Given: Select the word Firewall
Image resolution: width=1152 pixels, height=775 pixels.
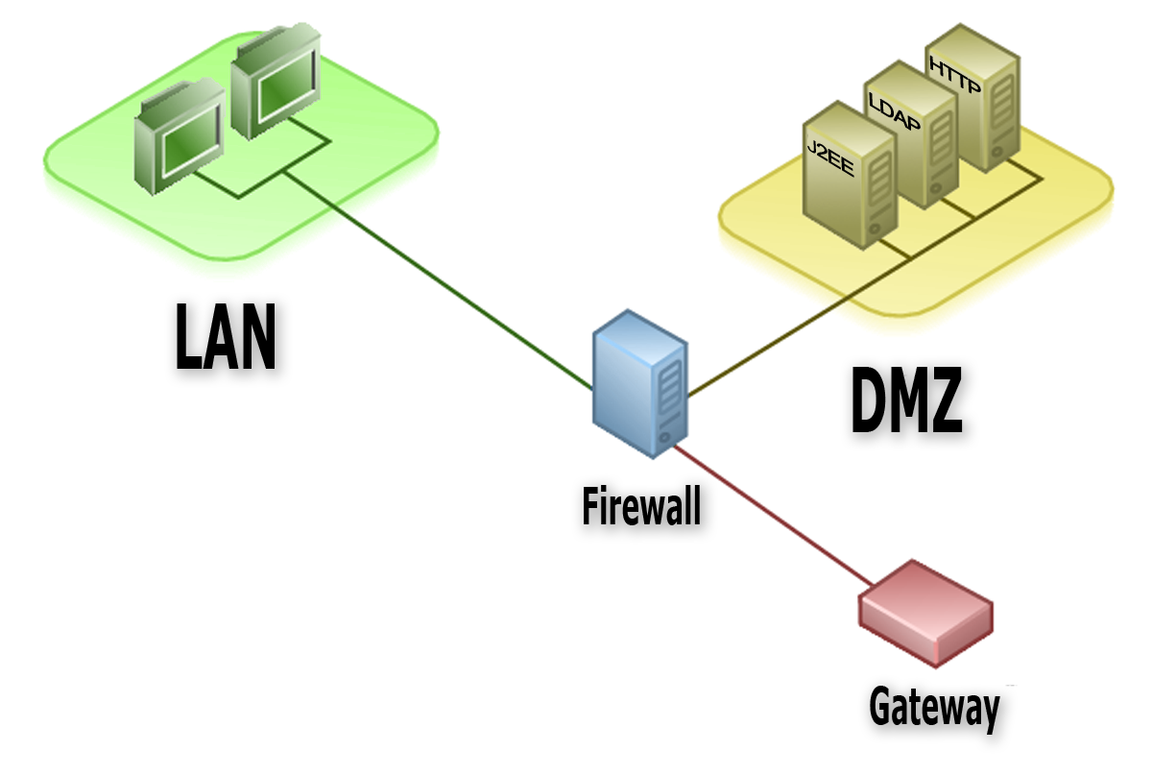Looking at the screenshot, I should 641,505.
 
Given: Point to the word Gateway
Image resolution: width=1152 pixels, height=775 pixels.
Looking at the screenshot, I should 933,708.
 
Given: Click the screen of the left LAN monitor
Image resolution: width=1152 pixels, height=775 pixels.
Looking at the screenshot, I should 185,147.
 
